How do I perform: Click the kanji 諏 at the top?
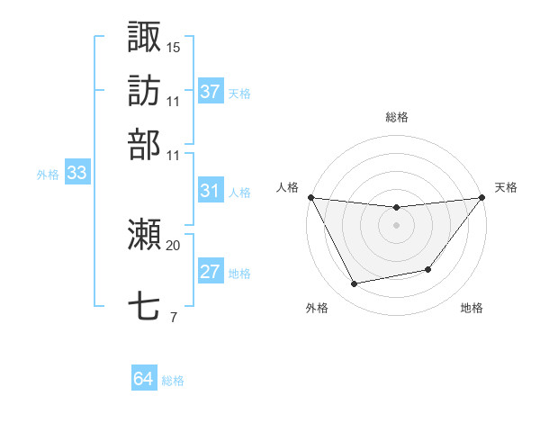click(144, 37)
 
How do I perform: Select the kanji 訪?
click(144, 90)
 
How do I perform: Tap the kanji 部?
click(144, 143)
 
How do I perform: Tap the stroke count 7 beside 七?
click(173, 317)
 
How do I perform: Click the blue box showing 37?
click(211, 91)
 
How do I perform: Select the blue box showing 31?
click(211, 191)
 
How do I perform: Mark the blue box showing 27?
click(211, 273)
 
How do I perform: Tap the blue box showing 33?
click(76, 174)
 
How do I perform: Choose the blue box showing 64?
click(144, 379)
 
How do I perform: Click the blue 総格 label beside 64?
click(173, 381)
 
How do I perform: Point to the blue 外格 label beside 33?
click(48, 175)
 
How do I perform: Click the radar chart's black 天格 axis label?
click(506, 187)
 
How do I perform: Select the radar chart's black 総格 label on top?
click(396, 117)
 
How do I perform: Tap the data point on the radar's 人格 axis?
click(310, 197)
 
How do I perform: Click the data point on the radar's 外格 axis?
click(355, 284)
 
